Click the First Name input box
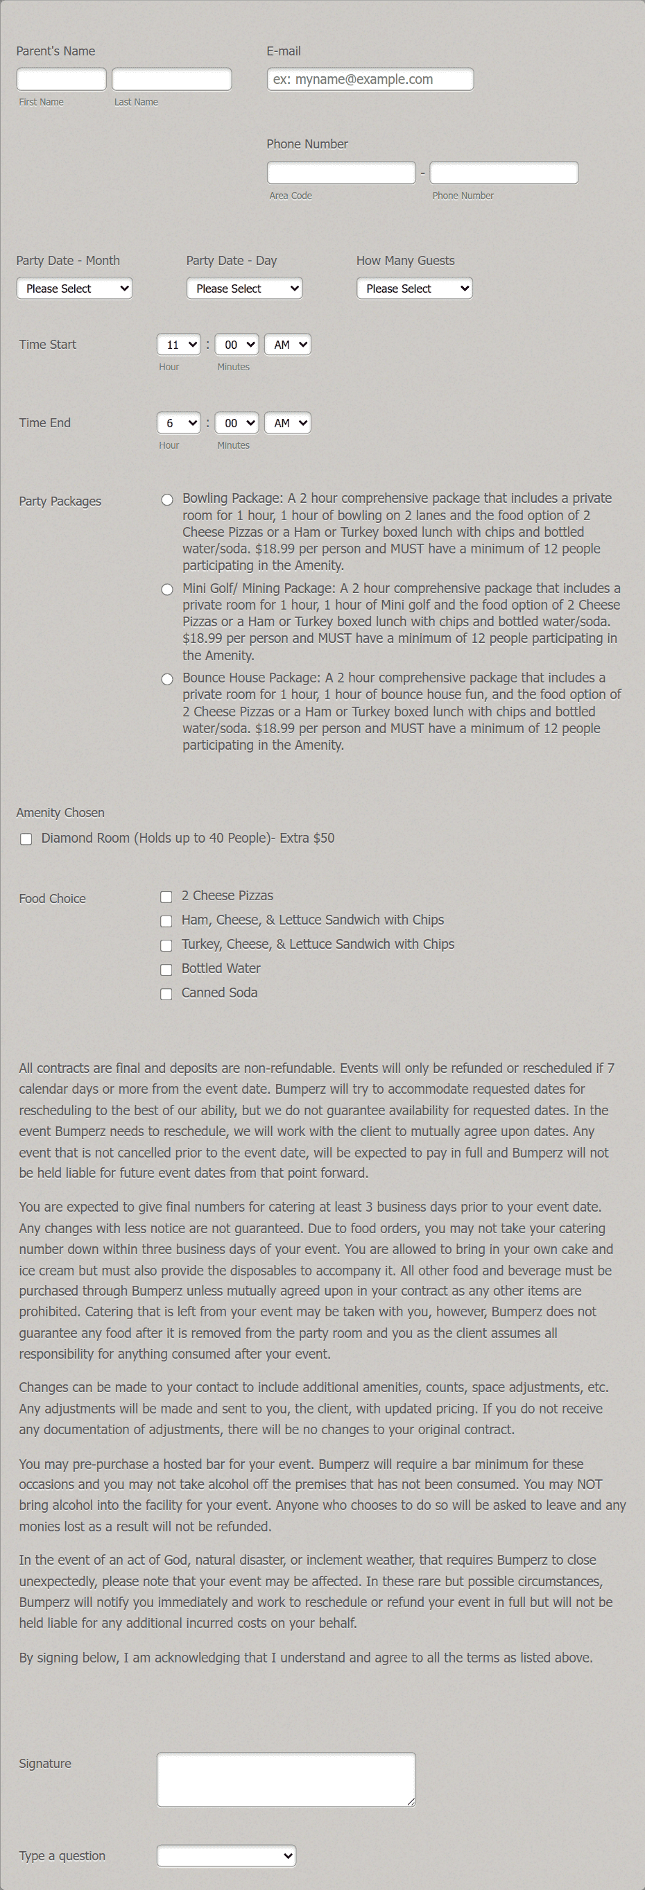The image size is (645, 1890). pyautogui.click(x=62, y=79)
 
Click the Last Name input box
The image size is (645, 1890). pyautogui.click(x=172, y=79)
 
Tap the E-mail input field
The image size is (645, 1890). pyautogui.click(x=370, y=79)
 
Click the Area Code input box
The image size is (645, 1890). pyautogui.click(x=341, y=173)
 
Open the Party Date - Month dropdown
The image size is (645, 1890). pyautogui.click(x=74, y=289)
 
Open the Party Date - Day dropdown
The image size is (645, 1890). pyautogui.click(x=244, y=289)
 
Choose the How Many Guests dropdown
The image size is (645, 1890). pyautogui.click(x=415, y=289)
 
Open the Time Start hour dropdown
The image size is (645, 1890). pyautogui.click(x=178, y=345)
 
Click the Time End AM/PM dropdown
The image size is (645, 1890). pyautogui.click(x=288, y=423)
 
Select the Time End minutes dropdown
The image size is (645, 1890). pyautogui.click(x=237, y=423)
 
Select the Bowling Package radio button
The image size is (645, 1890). pyautogui.click(x=167, y=499)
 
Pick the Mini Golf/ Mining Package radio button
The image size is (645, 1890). pyautogui.click(x=167, y=589)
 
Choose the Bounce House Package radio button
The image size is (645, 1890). pyautogui.click(x=167, y=680)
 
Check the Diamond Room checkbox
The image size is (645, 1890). pyautogui.click(x=26, y=839)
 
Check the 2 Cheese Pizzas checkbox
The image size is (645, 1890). pyautogui.click(x=166, y=897)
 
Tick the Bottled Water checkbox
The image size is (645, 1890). pyautogui.click(x=166, y=969)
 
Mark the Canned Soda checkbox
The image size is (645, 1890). pyautogui.click(x=166, y=993)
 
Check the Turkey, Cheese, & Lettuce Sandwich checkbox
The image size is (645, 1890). pyautogui.click(x=166, y=945)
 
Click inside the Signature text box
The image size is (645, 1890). pyautogui.click(x=286, y=1779)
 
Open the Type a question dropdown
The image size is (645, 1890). pyautogui.click(x=226, y=1855)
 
